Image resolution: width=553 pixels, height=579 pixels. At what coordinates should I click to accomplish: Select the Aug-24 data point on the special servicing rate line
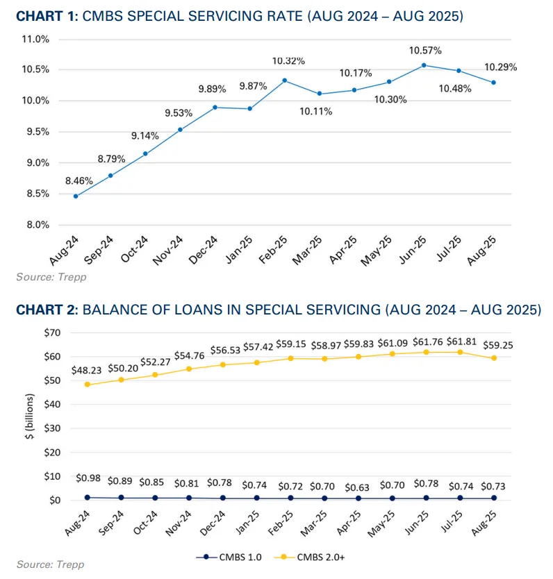tap(75, 196)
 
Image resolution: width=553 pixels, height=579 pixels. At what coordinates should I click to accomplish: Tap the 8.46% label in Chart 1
tap(79, 181)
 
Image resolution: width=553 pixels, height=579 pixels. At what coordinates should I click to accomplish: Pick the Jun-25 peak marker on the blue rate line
tap(424, 65)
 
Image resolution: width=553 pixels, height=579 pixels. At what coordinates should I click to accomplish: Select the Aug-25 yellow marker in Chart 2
tap(493, 358)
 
